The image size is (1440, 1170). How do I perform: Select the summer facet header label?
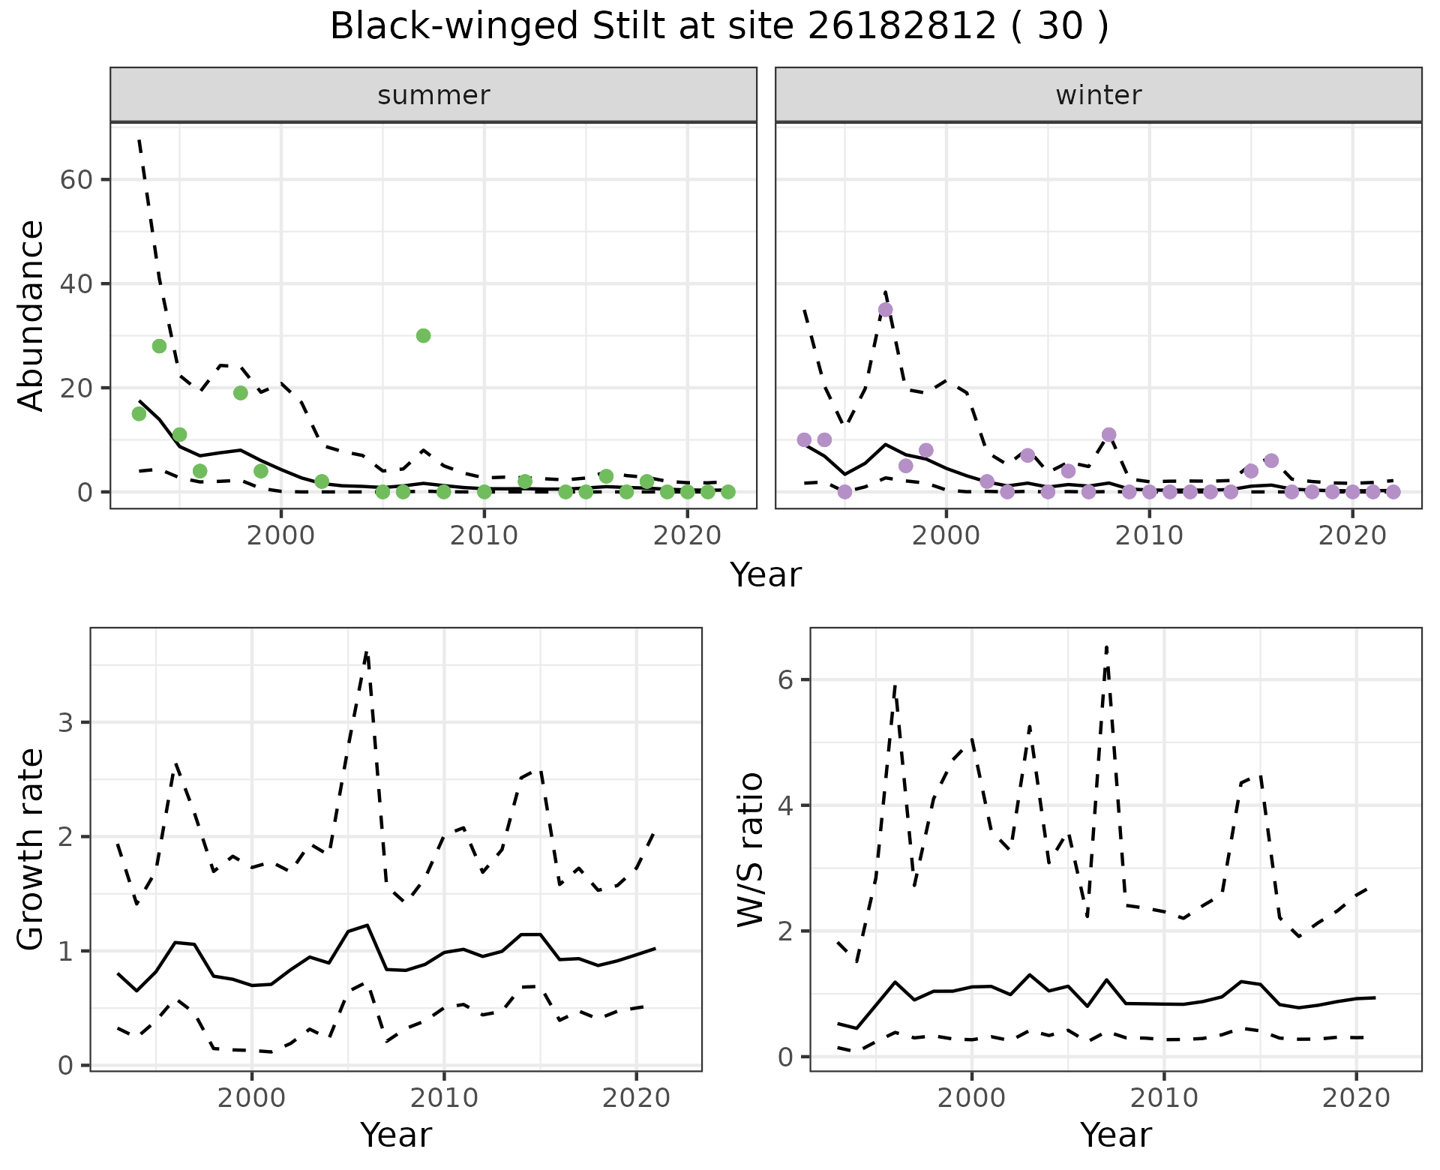pyautogui.click(x=433, y=95)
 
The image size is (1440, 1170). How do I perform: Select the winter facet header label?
pyautogui.click(x=1098, y=95)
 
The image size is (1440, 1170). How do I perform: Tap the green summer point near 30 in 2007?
pyautogui.click(x=423, y=335)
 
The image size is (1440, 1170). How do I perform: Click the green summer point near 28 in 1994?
pyautogui.click(x=159, y=346)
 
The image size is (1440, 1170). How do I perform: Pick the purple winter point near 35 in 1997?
pyautogui.click(x=885, y=310)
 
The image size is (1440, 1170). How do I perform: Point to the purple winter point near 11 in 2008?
pyautogui.click(x=1108, y=435)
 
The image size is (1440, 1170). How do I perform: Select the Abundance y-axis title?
pyautogui.click(x=31, y=315)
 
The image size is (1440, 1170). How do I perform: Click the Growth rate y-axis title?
pyautogui.click(x=31, y=849)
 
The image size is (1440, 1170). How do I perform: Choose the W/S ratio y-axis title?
pyautogui.click(x=750, y=849)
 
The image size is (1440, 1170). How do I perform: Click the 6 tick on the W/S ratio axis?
pyautogui.click(x=785, y=679)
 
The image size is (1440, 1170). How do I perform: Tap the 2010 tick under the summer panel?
pyautogui.click(x=484, y=535)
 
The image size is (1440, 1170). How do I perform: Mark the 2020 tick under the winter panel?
pyautogui.click(x=1351, y=535)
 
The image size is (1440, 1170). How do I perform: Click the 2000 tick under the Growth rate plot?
pyautogui.click(x=252, y=1099)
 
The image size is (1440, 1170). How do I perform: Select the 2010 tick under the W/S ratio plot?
pyautogui.click(x=1163, y=1099)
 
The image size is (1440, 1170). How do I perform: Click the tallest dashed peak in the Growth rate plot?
pyautogui.click(x=366, y=653)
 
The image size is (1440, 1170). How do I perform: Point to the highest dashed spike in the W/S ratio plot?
pyautogui.click(x=1106, y=646)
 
